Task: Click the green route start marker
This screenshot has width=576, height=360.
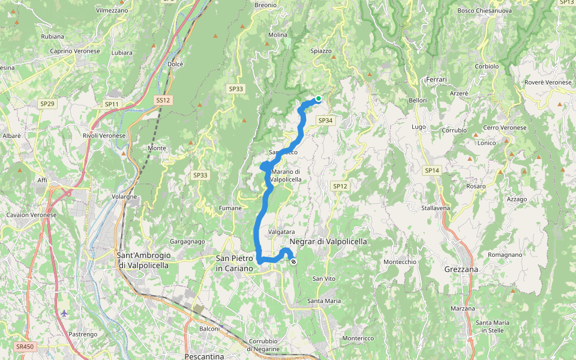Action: pos(319,98)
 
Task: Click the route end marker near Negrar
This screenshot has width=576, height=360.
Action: pos(293,262)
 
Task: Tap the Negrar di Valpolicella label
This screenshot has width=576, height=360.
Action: pos(328,241)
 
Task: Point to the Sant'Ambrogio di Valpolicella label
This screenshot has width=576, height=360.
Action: pos(143,260)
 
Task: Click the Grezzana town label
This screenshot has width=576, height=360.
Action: pos(461,269)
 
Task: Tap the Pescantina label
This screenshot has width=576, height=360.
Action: pos(204,356)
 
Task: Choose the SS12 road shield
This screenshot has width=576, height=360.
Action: pos(163,100)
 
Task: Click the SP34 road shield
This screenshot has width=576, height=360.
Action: pos(325,121)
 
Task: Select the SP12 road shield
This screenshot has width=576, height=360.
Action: pos(340,186)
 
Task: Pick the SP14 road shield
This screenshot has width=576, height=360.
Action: pos(431,171)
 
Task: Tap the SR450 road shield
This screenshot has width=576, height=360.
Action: pos(25,347)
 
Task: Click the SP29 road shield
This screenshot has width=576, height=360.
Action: pos(47,104)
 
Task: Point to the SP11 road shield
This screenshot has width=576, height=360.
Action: pos(112,104)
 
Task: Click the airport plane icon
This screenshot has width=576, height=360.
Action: pos(64,313)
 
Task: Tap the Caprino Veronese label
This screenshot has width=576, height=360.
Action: pos(75,52)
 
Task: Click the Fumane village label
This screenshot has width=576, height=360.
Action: pos(230,208)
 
